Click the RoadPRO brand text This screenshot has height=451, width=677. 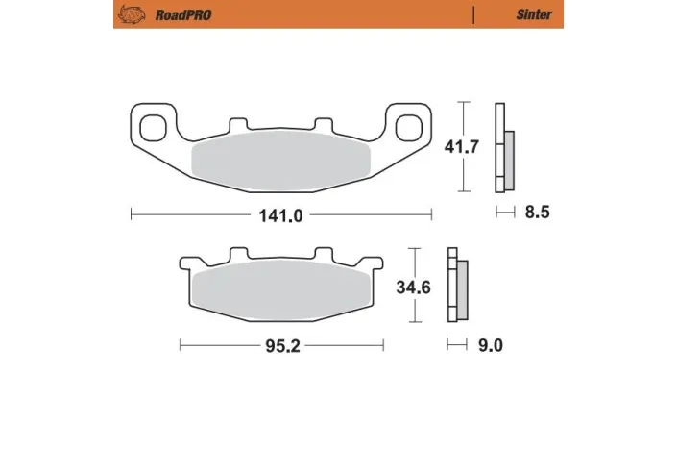point(181,14)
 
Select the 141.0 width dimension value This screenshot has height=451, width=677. point(280,215)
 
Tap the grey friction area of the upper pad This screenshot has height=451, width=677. point(281,158)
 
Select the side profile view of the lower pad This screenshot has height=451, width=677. point(456,286)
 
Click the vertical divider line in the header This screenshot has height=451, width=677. point(473,14)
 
